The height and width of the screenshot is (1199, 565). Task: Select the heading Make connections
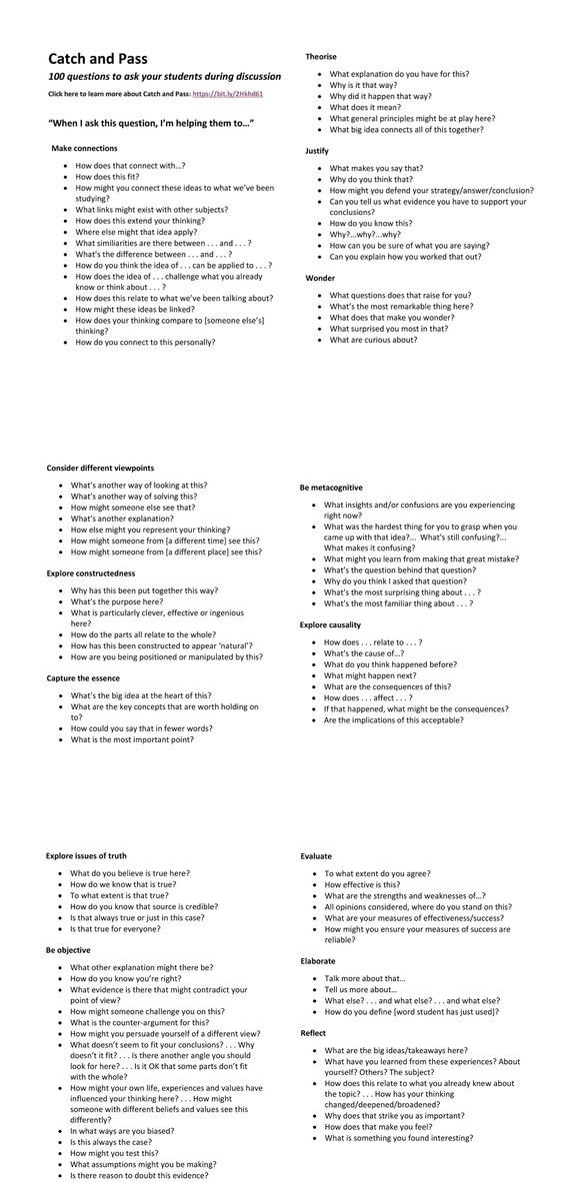(x=84, y=148)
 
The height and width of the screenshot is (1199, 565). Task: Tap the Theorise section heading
(x=321, y=57)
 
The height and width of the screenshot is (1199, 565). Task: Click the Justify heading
(x=317, y=150)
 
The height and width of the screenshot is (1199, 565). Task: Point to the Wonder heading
(x=320, y=277)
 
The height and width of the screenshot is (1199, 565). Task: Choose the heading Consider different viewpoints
(x=100, y=468)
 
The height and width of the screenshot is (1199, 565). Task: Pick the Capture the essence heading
(x=89, y=678)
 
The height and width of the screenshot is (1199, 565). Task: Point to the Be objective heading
(x=68, y=949)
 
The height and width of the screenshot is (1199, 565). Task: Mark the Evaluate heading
(x=318, y=856)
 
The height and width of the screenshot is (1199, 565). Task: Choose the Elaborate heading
(x=318, y=960)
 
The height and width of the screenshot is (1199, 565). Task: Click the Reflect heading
(x=313, y=1032)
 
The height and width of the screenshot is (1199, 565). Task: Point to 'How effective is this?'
(x=362, y=884)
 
